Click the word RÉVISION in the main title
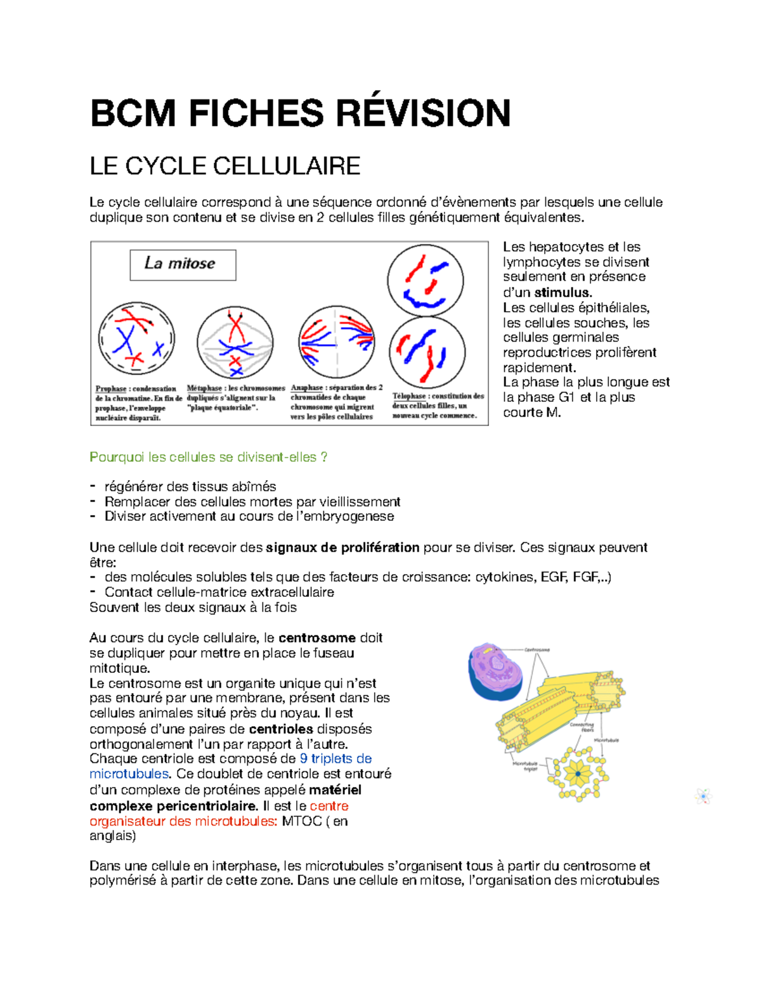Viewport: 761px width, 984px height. [422, 114]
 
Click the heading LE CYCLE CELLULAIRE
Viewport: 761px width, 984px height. [225, 167]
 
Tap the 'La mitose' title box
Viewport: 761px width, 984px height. [183, 264]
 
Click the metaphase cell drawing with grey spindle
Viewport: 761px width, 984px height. [235, 343]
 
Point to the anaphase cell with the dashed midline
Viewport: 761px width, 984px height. [337, 343]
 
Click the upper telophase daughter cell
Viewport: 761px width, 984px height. [425, 281]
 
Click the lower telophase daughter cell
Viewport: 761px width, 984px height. [427, 352]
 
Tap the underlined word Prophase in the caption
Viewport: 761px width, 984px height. [111, 389]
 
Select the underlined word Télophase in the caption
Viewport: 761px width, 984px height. [409, 396]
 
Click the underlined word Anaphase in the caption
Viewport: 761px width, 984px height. [307, 388]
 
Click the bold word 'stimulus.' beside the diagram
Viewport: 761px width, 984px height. [563, 293]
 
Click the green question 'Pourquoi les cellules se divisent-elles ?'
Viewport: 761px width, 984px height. [209, 457]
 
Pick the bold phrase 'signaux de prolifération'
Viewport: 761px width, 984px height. [342, 547]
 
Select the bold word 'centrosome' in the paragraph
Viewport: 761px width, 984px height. [317, 638]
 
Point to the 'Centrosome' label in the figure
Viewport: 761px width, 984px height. [537, 650]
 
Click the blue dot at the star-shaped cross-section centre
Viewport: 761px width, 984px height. [578, 773]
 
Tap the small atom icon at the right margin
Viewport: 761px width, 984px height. [703, 796]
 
